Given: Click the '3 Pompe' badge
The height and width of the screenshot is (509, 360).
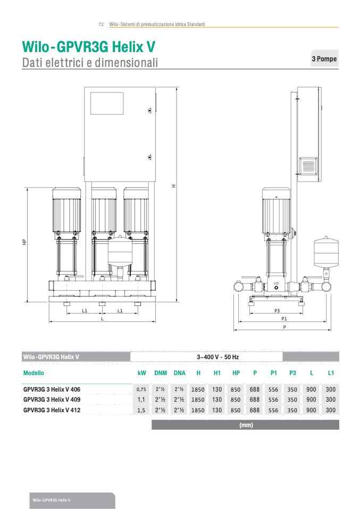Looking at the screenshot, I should click(324, 58).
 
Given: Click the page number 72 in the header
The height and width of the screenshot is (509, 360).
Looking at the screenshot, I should click(101, 24).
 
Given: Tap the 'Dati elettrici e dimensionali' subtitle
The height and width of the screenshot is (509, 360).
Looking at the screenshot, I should click(90, 63).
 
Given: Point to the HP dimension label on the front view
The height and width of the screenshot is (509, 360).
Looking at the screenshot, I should click(24, 242).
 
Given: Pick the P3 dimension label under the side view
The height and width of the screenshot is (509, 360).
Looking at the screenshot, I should click(277, 310).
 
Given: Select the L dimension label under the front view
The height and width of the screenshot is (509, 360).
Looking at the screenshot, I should click(103, 318).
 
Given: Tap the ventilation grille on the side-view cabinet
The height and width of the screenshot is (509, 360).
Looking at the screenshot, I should click(308, 166).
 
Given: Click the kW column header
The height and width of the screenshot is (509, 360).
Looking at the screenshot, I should click(141, 373).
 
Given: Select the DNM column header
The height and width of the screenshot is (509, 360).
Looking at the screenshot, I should click(161, 373).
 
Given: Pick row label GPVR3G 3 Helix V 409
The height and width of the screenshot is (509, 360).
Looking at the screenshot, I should click(52, 400).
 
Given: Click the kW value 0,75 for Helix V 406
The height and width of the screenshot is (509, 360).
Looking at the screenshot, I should click(141, 389).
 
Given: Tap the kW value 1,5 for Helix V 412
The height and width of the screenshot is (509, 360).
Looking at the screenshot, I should click(141, 410).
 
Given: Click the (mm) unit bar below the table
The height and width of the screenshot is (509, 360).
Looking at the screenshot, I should click(246, 425).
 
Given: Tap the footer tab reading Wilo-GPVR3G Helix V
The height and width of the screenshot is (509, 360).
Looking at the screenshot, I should click(52, 500).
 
